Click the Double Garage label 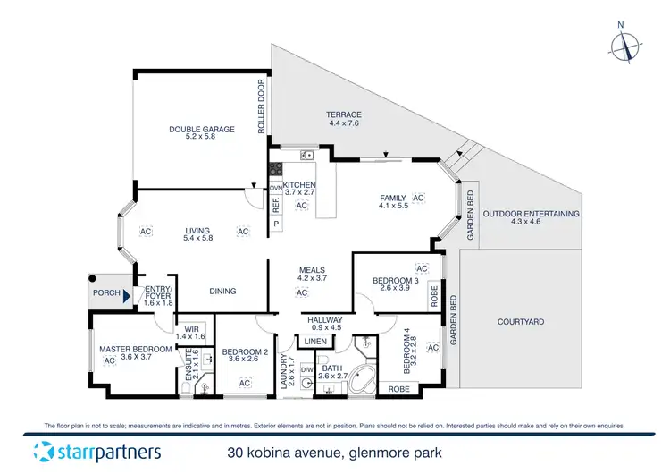tap(201, 129)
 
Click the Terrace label tap(344, 114)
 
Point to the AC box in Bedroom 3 tap(423, 268)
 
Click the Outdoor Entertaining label tap(531, 214)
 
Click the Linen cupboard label tap(314, 342)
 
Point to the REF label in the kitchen tap(275, 204)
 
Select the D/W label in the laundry tap(306, 368)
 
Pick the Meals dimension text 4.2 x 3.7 tap(312, 279)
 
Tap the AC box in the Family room tap(418, 198)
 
